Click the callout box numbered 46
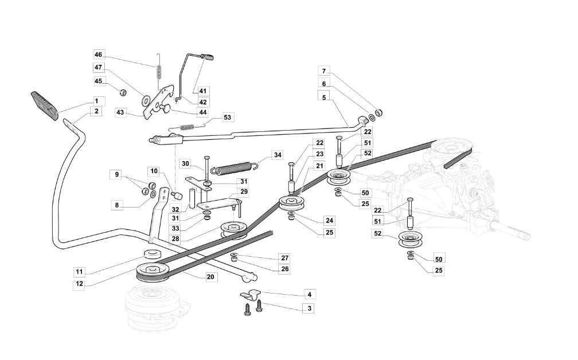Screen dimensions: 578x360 point(98,54)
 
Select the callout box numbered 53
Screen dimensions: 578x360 point(227,118)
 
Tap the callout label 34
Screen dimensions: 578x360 point(277,155)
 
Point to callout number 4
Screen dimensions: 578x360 point(310,295)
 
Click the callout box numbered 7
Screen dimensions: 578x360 point(324,71)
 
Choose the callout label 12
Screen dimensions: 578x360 point(80,284)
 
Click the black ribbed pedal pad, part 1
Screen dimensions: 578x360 point(44,105)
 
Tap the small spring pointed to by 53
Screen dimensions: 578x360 point(186,127)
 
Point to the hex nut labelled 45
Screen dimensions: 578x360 point(123,91)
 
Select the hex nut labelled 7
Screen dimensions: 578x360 point(378,112)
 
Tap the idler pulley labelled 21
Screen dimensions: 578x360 point(291,204)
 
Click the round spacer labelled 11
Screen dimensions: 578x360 point(153,255)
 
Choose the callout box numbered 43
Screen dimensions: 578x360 point(120,112)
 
